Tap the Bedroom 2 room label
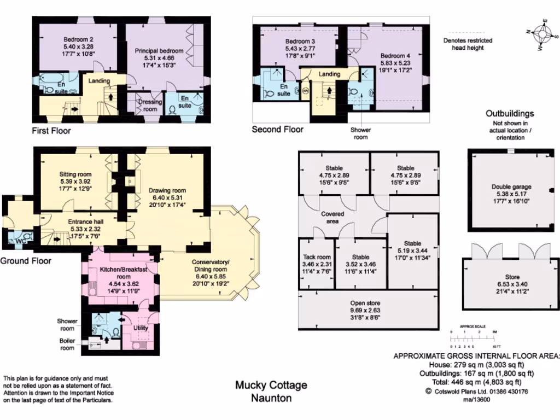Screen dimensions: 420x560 click(78, 39)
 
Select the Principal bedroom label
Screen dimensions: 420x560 click(159, 51)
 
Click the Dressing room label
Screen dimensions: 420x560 click(150, 105)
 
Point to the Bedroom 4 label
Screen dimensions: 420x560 click(395, 56)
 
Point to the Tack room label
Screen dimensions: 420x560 click(317, 257)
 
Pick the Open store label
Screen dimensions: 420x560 click(365, 303)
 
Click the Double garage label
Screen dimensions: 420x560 click(511, 187)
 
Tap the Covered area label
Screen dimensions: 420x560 click(332, 218)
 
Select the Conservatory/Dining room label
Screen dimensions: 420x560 click(211, 265)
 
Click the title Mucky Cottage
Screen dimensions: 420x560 click(271, 386)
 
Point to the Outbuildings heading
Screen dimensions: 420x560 click(510, 114)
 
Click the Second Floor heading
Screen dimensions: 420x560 click(277, 130)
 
